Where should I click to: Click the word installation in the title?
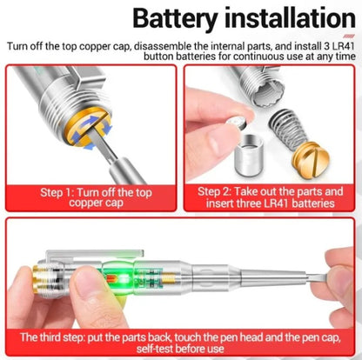coord(283,19)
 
